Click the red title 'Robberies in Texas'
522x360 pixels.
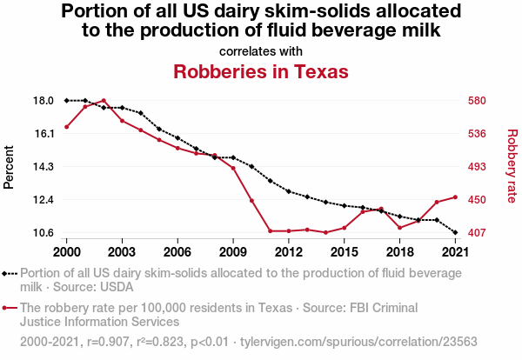pos(261,70)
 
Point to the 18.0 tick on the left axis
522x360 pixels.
pos(43,101)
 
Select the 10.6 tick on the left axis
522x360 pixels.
pos(43,233)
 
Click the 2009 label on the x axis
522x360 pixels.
pos(233,251)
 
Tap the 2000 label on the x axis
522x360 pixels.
pos(66,251)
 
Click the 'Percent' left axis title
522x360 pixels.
pos(10,167)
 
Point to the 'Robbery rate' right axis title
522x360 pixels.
pos(512,167)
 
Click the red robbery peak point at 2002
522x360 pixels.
pos(104,101)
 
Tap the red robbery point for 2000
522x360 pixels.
pos(66,127)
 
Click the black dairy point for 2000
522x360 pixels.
pos(66,101)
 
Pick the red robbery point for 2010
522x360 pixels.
pos(251,201)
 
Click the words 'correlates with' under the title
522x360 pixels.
pos(261,50)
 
